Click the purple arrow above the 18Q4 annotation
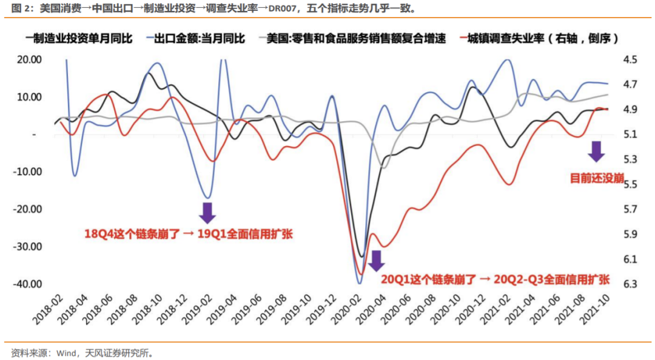pyautogui.click(x=207, y=213)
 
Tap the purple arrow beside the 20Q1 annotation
pyautogui.click(x=376, y=260)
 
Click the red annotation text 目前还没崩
pyautogui.click(x=597, y=178)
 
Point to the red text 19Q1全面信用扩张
pyautogui.click(x=245, y=233)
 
